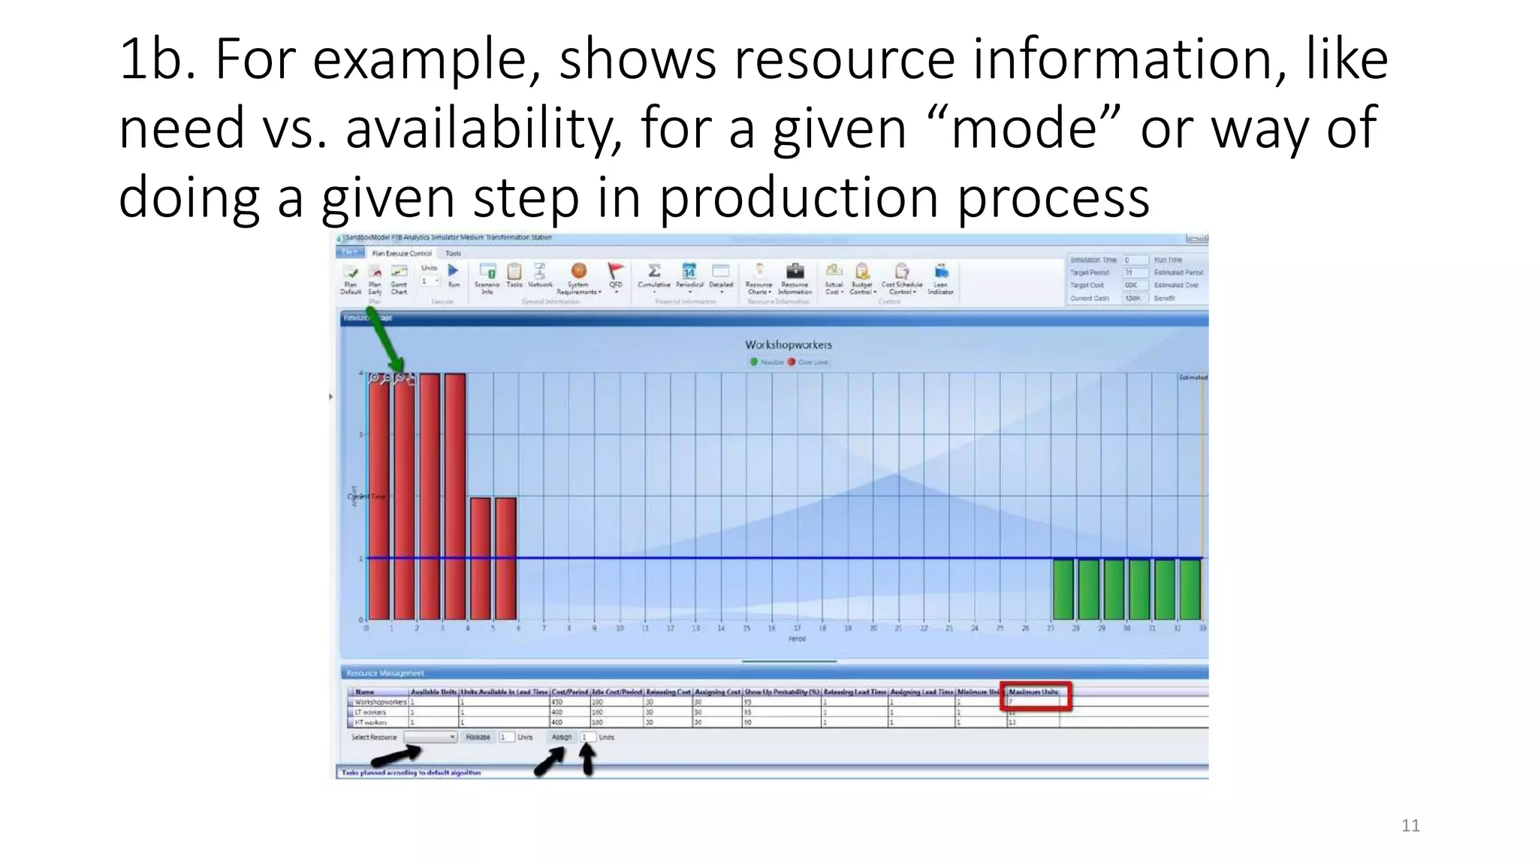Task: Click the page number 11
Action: pos(1410,826)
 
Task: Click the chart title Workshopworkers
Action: pos(788,345)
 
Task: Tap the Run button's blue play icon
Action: pos(453,270)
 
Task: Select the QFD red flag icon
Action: pos(615,271)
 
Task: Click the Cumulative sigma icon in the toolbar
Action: pos(654,271)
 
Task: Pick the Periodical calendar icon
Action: pos(689,271)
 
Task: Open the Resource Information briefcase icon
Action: pos(795,271)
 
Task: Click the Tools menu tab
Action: pos(453,254)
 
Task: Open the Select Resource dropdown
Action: pos(430,737)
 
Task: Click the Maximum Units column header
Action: pos(1033,692)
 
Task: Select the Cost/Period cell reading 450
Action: pos(557,702)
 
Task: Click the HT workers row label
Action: pos(371,722)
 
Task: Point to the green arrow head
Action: pos(397,368)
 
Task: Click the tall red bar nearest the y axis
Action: pos(379,496)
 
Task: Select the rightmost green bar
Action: pos(1190,589)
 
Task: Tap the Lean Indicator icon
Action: pos(940,271)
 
